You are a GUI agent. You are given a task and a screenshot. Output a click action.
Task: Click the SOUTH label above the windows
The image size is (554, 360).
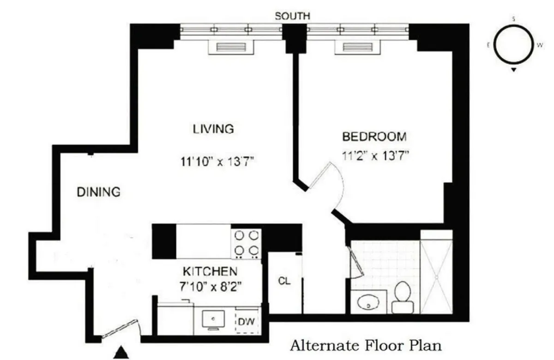coord(292,16)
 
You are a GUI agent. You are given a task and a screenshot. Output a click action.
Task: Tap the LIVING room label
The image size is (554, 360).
coord(213,129)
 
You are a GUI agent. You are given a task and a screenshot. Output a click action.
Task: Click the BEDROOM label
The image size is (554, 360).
coord(374,137)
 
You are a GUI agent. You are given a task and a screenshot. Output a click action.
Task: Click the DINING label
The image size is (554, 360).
coord(98,192)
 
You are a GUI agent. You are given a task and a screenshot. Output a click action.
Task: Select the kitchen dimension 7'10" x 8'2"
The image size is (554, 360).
coord(211,286)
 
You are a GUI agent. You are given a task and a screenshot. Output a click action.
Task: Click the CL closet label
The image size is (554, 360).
coord(284,281)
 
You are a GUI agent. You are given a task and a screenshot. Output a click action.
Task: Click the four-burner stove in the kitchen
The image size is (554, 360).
coord(246,243)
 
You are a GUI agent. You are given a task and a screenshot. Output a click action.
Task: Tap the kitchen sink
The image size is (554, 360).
coord(213,319)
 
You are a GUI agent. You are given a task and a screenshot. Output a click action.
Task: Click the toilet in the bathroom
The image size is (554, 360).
coord(401,298)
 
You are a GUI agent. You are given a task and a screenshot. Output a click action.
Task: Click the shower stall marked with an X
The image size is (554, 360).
coord(436,277)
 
